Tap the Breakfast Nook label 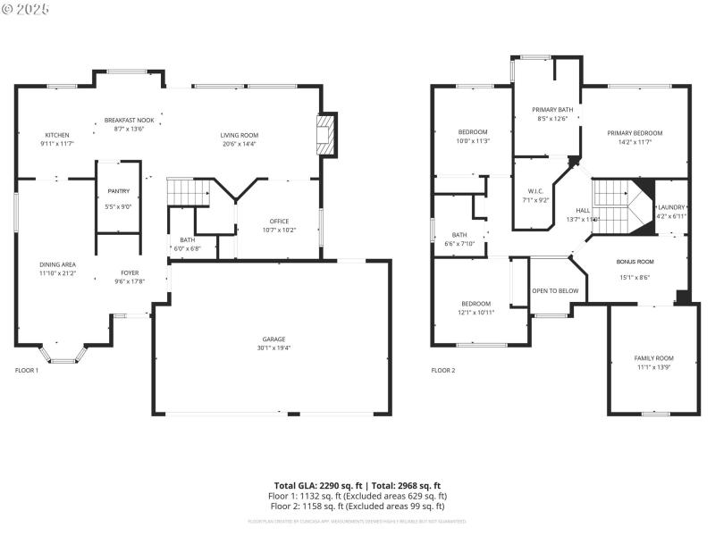[129, 120]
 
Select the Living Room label [239, 135]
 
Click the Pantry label [118, 191]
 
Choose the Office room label [279, 222]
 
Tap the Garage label [273, 339]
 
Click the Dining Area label [57, 264]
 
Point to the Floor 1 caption [27, 370]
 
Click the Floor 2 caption [443, 370]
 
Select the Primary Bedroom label [635, 133]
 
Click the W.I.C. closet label [535, 191]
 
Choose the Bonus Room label [635, 262]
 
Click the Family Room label [654, 358]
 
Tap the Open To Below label [555, 290]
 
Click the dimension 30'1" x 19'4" [273, 348]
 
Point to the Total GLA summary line [357, 485]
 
